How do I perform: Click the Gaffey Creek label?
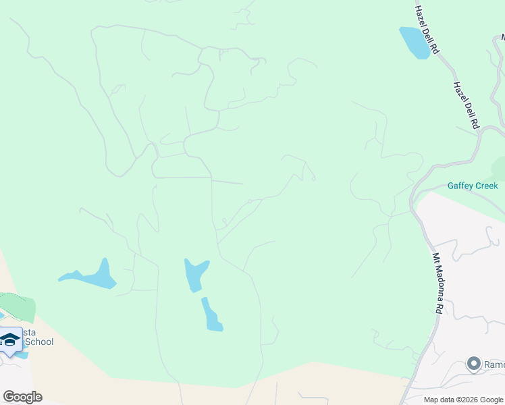click(x=473, y=186)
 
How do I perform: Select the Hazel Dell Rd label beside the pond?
click(x=427, y=30)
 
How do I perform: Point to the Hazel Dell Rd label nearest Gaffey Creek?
click(x=466, y=105)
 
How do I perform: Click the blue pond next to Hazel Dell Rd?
click(x=415, y=42)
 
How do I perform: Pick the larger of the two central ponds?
click(x=195, y=273)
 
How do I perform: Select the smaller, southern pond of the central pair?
click(x=211, y=315)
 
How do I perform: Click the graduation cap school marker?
click(x=10, y=340)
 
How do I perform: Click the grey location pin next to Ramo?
click(x=473, y=364)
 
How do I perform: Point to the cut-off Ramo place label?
click(x=494, y=365)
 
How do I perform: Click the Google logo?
click(x=23, y=396)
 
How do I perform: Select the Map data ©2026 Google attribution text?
click(x=463, y=400)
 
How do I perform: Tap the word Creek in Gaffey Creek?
click(x=486, y=186)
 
